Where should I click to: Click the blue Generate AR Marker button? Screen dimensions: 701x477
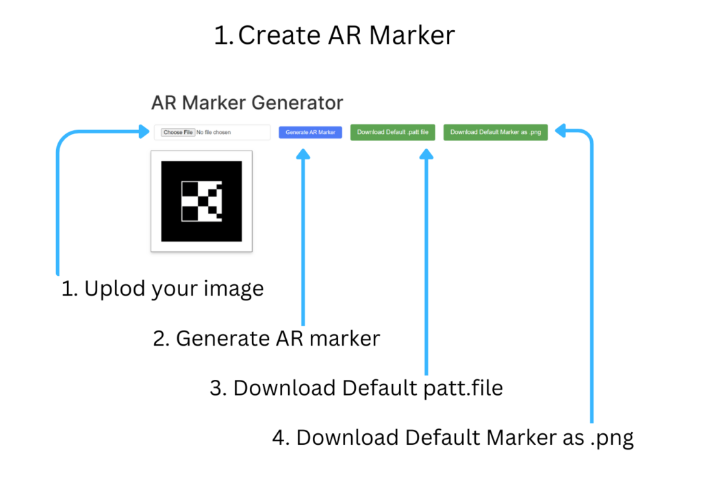tap(310, 132)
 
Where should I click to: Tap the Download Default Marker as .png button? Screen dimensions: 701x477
tap(496, 132)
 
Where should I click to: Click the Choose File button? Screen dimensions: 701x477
tap(178, 132)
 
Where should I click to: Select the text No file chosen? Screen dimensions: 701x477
tap(214, 132)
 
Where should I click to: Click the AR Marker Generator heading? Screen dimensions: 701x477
tap(247, 103)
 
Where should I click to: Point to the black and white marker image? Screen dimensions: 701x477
tap(202, 201)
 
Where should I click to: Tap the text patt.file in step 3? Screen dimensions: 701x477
tap(463, 388)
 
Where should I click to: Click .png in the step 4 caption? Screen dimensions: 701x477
tap(612, 439)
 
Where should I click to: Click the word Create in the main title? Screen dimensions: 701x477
tap(279, 36)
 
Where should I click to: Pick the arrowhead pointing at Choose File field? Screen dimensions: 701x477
tap(144, 131)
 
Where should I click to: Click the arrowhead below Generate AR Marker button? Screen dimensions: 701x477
tap(303, 154)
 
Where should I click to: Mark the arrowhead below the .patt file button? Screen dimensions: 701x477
tap(426, 154)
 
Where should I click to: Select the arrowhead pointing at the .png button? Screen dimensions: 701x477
tap(560, 131)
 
